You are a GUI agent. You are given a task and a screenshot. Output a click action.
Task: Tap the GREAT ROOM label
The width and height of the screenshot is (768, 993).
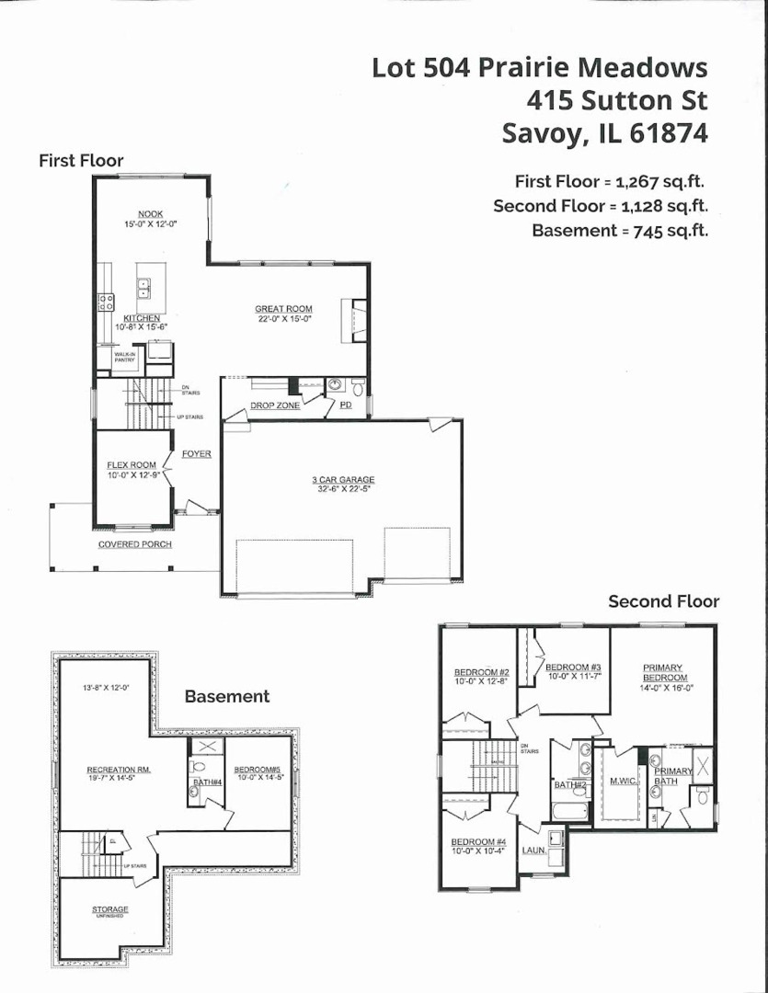283,309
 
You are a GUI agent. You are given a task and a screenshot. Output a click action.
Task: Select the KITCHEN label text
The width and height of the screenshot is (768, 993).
142,318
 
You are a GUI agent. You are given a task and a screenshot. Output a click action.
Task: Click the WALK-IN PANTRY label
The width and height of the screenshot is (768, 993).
125,357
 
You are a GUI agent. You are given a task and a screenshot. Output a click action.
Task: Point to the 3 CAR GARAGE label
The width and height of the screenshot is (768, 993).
342,480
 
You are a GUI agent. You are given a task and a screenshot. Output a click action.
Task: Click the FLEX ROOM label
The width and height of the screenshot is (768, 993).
132,465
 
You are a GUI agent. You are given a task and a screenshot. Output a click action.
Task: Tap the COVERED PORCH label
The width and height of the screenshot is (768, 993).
134,544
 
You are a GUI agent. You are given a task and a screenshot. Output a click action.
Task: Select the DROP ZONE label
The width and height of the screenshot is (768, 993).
276,405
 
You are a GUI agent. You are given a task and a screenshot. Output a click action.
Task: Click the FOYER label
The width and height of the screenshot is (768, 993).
196,453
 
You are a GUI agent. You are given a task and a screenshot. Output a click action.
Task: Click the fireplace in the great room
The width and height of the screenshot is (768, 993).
354,320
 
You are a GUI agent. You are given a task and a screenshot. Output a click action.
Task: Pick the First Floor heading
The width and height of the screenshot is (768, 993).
81,161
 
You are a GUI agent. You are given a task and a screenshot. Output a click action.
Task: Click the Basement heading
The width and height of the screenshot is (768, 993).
227,696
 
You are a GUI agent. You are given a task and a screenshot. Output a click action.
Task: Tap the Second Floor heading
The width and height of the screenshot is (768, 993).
663,601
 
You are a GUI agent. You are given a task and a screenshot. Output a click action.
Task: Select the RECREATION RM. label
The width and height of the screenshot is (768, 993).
118,769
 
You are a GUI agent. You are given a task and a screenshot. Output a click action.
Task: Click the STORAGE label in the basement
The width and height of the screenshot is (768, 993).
109,909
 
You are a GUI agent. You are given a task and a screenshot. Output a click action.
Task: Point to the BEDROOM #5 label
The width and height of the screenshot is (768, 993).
258,769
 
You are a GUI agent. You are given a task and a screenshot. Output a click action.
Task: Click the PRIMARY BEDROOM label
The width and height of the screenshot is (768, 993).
662,672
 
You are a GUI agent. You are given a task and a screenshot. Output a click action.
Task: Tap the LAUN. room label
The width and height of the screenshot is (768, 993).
534,850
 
